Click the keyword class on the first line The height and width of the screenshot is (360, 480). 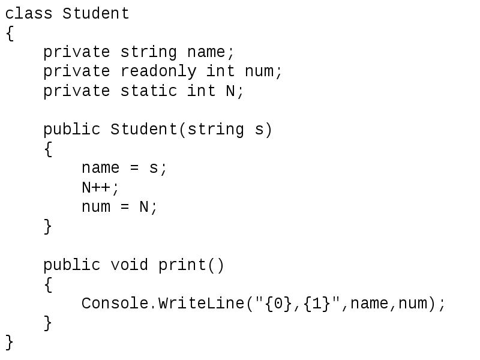pos(29,13)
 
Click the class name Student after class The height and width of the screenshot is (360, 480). pos(96,13)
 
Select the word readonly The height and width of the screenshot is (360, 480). pos(158,71)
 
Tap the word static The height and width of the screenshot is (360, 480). pos(149,91)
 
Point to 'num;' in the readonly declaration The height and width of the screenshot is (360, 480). pos(263,71)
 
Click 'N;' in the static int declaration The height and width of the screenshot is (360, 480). pos(235,91)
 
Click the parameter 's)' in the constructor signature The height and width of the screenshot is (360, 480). pos(263,130)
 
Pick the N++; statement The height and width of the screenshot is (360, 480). pos(101,187)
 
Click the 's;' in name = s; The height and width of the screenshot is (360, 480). pos(158,169)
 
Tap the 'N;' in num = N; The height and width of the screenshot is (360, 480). pos(148,207)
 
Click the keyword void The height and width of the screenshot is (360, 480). pos(130,265)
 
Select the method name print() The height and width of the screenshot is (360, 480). pos(191,265)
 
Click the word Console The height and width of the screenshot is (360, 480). pos(115,303)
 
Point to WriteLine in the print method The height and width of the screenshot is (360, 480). pos(201,303)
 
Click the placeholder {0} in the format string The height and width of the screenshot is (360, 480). pos(273,304)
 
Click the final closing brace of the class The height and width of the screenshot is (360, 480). pos(9,342)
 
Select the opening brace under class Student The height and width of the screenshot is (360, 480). pos(9,33)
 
